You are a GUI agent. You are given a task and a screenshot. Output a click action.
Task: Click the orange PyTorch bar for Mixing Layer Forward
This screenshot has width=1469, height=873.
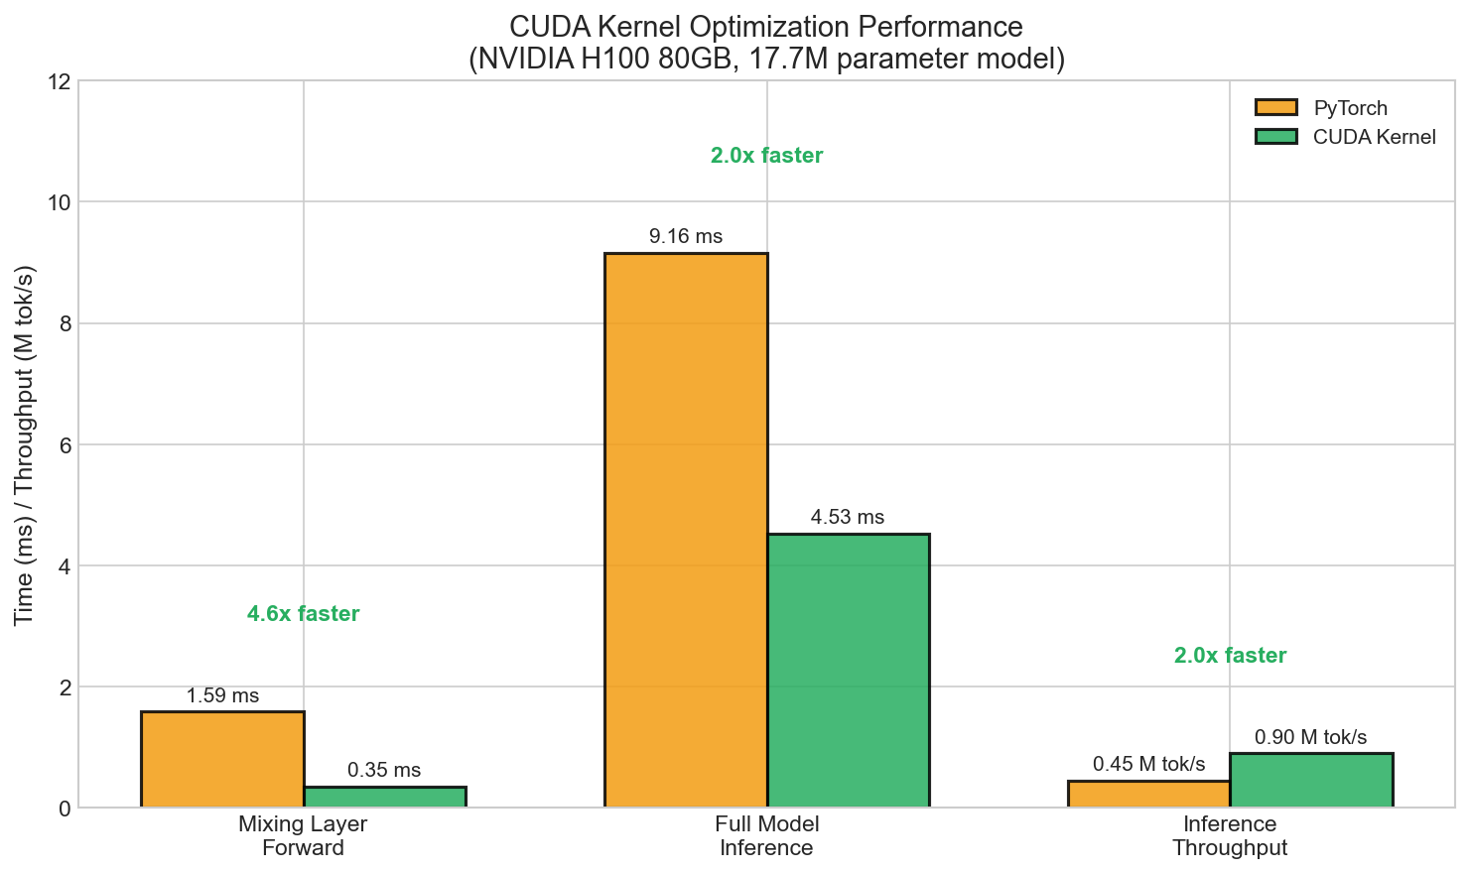[222, 759]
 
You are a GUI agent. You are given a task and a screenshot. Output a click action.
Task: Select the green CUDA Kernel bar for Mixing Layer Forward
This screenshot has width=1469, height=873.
[384, 797]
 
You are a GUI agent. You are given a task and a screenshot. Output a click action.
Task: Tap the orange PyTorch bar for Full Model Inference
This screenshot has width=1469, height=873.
[686, 530]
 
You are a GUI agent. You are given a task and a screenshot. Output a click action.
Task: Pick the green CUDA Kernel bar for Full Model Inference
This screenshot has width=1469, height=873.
[848, 671]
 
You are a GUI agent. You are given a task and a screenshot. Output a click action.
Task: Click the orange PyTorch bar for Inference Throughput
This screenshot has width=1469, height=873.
[1148, 794]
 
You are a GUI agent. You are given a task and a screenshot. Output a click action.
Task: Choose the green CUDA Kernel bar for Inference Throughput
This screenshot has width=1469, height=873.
[1311, 780]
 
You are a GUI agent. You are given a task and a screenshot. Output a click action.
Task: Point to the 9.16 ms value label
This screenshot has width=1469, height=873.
[686, 237]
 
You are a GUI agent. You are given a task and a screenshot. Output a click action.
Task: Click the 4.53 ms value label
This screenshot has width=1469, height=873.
[848, 517]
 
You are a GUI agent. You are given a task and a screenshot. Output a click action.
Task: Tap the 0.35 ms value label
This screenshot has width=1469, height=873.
[384, 771]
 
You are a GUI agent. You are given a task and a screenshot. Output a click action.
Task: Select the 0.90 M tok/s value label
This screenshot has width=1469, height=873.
[1310, 737]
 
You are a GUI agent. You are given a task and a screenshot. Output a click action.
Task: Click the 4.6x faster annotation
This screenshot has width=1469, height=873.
[303, 614]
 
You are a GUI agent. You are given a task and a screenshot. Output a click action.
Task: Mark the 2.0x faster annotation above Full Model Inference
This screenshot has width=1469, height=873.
[766, 156]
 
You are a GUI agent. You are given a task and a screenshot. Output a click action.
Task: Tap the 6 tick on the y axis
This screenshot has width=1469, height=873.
[65, 444]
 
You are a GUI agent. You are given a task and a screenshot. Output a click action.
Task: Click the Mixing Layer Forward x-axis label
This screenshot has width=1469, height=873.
[303, 836]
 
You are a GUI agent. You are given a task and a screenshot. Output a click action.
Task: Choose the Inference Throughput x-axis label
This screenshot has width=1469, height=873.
[1230, 836]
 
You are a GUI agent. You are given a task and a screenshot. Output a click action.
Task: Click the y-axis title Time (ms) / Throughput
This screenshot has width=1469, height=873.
[25, 445]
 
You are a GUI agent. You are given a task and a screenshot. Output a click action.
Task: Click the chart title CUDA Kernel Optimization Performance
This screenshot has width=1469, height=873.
[766, 27]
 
